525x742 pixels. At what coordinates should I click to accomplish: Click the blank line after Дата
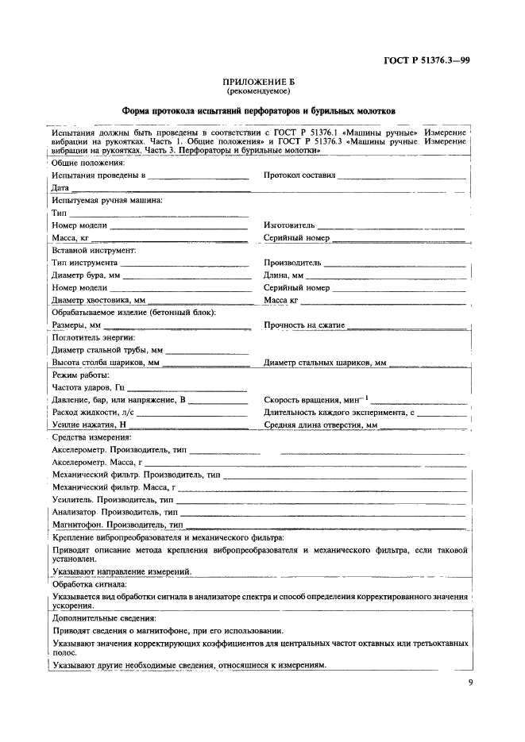pos(160,188)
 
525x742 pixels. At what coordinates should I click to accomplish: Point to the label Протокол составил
pos(299,175)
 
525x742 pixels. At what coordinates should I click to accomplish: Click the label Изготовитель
pos(289,225)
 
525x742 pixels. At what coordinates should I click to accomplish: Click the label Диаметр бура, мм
pos(85,275)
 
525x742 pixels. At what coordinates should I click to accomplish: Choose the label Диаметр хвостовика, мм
pos(98,300)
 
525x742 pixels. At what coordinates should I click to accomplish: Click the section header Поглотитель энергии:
pos(93,337)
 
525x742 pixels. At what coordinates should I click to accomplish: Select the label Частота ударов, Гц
pos(88,387)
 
